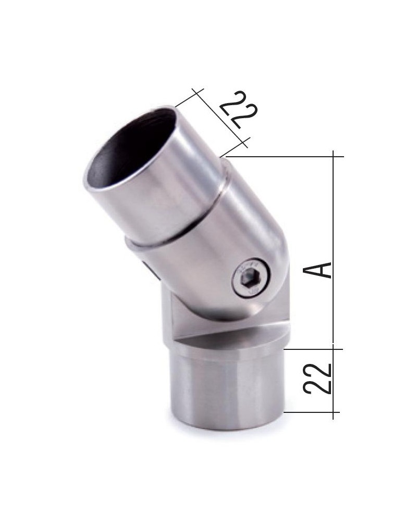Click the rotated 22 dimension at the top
point(238,110)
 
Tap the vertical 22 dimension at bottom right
point(317,379)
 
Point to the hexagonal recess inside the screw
point(250,280)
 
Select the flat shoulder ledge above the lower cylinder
point(229,338)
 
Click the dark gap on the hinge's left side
point(149,271)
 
